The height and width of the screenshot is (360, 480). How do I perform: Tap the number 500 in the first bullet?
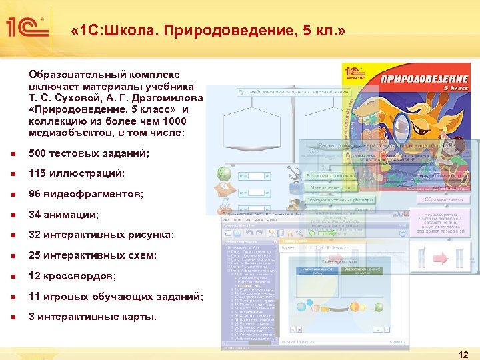pos(39,153)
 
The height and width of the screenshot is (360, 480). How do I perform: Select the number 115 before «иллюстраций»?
pos(38,173)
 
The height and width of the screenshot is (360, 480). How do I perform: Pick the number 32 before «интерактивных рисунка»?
pos(35,235)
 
